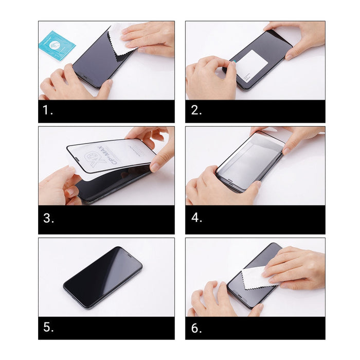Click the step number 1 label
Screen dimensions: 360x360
coord(47,111)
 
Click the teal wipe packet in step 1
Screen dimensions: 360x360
coord(57,45)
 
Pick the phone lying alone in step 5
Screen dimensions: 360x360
coord(103,278)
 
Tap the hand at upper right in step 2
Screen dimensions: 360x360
coord(298,36)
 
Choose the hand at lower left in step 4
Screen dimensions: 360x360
coord(216,188)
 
